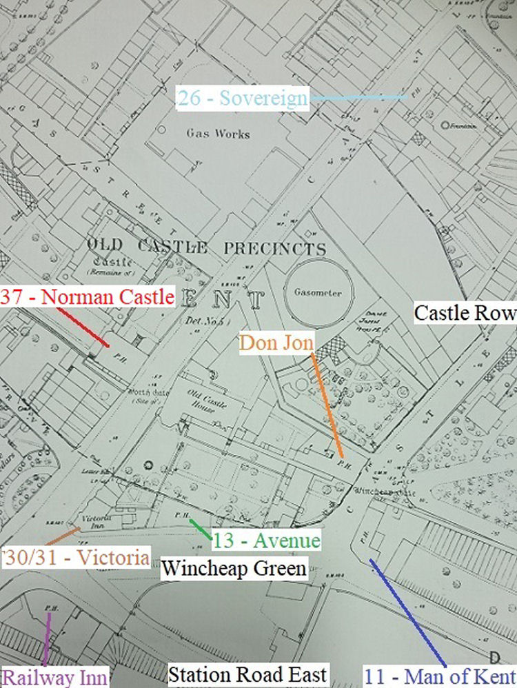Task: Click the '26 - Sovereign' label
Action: [x=242, y=98]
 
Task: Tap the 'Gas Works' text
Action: [x=217, y=134]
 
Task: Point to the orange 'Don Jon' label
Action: [x=276, y=342]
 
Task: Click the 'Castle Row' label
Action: [x=464, y=313]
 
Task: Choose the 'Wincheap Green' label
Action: [x=234, y=569]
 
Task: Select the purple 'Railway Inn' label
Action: [x=54, y=678]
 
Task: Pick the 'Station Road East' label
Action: [x=247, y=674]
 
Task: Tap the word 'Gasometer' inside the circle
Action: [x=318, y=292]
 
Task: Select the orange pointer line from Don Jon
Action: [x=328, y=405]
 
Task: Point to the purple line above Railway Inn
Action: [x=46, y=640]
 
